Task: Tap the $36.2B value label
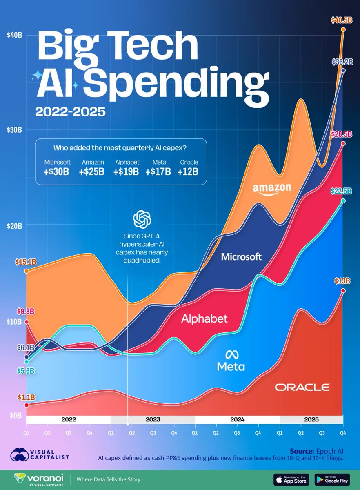point(342,62)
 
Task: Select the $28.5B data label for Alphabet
point(342,134)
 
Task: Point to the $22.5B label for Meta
point(342,191)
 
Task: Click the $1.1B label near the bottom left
point(26,396)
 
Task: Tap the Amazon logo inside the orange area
point(272,189)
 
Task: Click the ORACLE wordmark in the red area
point(302,387)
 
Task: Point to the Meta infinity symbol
point(231,354)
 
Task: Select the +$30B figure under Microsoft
point(57,171)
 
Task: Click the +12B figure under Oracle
point(188,171)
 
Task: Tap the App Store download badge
point(290,479)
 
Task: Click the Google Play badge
point(333,479)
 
